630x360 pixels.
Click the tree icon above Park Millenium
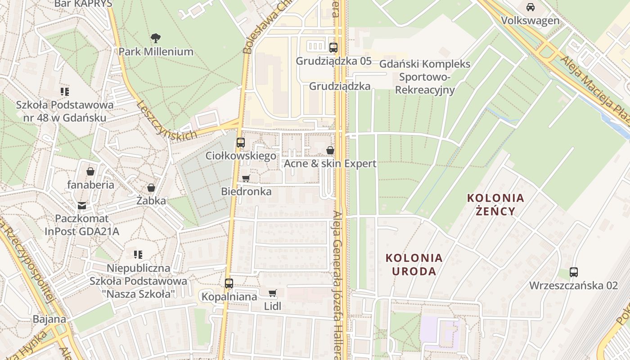156,38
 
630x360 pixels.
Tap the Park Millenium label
156,52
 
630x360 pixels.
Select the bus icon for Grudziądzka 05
333,47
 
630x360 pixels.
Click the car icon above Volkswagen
531,7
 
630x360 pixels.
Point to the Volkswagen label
531,21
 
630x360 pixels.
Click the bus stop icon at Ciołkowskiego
241,143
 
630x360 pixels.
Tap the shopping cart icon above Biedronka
246,178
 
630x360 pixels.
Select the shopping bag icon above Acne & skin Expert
330,150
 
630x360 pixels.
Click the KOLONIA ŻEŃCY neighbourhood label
495,204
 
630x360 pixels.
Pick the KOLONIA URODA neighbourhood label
414,265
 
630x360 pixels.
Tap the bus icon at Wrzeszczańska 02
574,272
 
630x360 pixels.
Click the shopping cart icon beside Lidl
273,293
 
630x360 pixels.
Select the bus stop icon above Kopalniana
229,283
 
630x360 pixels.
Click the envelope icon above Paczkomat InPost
81,205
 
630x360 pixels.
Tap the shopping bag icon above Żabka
151,187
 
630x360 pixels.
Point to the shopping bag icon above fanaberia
90,171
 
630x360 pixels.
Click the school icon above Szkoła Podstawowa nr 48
65,92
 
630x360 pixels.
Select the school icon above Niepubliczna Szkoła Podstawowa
138,255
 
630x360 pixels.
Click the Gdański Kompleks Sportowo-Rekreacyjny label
425,77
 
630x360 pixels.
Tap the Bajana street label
49,319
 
